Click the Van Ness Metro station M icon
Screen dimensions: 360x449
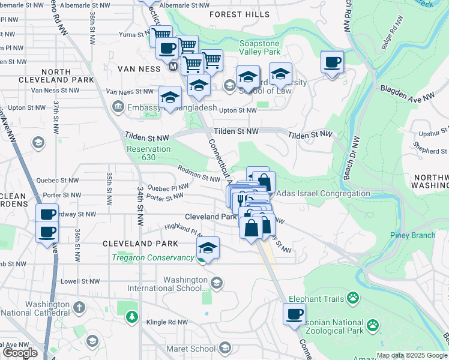173,68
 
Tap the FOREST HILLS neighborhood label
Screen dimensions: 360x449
236,14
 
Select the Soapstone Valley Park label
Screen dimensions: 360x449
261,47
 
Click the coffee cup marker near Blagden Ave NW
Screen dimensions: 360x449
331,63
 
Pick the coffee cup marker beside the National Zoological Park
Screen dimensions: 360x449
294,314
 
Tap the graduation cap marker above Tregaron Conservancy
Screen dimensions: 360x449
208,248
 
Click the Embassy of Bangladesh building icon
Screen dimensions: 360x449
118,107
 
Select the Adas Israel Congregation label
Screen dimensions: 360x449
323,193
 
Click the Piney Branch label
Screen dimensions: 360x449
412,235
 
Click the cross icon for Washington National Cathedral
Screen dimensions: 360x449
79,308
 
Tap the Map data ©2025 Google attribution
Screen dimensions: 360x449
412,355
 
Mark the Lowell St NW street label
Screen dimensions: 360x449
79,281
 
